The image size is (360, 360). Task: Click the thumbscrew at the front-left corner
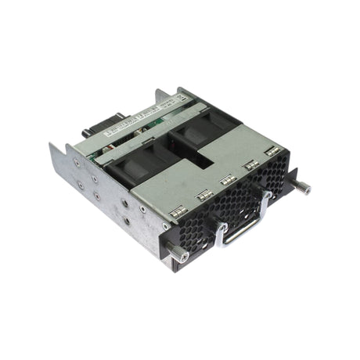(178, 254)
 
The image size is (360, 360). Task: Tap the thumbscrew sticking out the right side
(302, 188)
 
